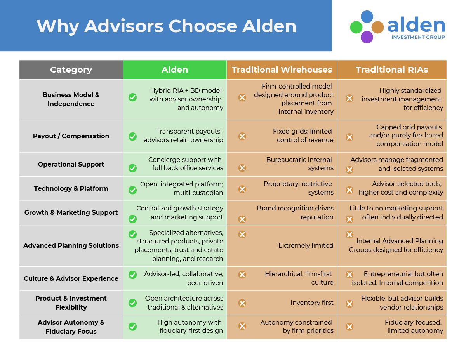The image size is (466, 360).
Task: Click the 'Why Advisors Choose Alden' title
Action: coord(166,26)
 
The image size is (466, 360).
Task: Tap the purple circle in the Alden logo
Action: coord(367,37)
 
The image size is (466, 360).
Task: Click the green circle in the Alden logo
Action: coord(356,27)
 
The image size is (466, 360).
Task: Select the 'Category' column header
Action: coord(71,70)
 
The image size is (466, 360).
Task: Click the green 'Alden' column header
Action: coord(175,70)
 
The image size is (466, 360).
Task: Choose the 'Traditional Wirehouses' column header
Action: coord(282,70)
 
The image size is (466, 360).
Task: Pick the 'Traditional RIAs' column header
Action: coord(392,70)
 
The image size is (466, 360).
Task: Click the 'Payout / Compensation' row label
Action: coord(71,136)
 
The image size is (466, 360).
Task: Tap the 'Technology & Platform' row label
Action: coord(71,188)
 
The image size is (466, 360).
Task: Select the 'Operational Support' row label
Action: coord(71,164)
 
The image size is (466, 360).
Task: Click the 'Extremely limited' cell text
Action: coord(306,245)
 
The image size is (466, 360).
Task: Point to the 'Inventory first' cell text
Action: coord(312,303)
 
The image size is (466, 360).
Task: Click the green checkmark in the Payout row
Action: coord(132,136)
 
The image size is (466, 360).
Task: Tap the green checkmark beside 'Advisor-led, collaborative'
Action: coord(132,275)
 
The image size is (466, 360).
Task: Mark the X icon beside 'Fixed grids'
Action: coord(242,136)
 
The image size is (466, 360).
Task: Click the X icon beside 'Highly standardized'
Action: coord(349,98)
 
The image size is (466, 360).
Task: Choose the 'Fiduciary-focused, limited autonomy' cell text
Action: coord(414,327)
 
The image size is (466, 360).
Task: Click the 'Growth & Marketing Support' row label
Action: coord(71,212)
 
